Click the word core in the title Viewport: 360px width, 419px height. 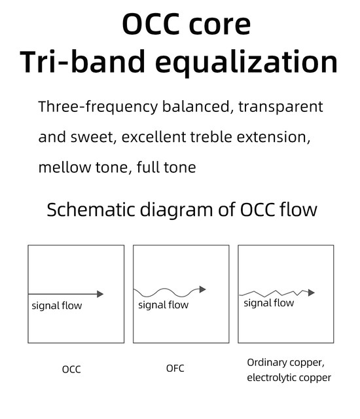click(x=219, y=25)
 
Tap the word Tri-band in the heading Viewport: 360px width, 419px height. click(x=82, y=62)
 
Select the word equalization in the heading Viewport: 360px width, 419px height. click(x=246, y=63)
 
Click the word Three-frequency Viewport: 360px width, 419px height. click(x=98, y=107)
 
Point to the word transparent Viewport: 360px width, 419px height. click(x=280, y=107)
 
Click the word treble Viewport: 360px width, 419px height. click(x=211, y=137)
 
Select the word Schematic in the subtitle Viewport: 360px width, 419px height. click(x=91, y=209)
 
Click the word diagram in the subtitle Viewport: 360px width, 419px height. click(x=176, y=211)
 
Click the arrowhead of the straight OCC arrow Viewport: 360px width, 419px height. click(x=100, y=294)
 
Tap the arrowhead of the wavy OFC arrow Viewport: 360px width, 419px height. click(x=202, y=289)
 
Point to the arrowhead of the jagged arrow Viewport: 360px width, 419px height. click(x=311, y=293)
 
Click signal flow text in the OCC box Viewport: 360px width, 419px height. click(x=56, y=306)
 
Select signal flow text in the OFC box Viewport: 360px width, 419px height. click(x=163, y=305)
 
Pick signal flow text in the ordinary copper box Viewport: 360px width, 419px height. click(x=268, y=303)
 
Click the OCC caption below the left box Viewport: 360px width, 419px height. click(x=71, y=369)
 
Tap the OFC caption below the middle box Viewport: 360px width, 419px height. click(x=175, y=369)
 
